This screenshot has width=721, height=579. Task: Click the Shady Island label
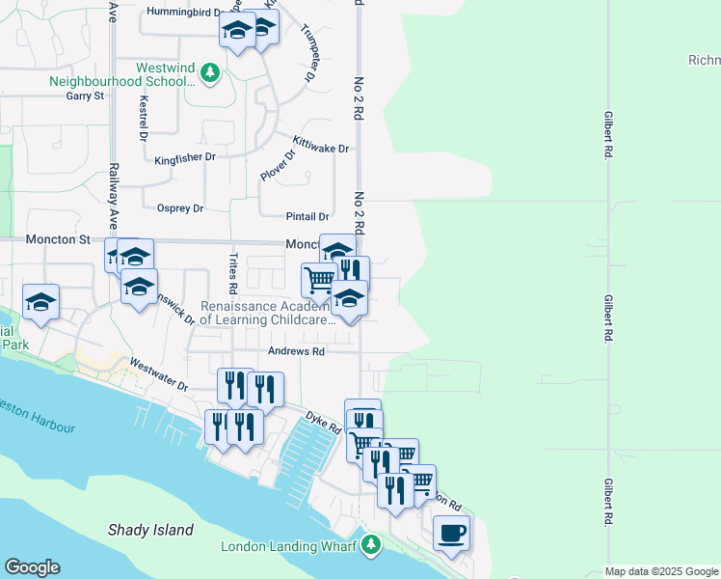pos(150,530)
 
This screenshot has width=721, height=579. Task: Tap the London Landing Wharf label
pos(289,546)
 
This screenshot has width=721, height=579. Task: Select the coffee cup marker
pos(451,532)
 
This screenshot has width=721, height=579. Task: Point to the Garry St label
pos(85,96)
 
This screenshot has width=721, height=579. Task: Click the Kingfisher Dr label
pos(186,156)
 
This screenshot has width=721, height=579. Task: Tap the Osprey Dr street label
pos(180,208)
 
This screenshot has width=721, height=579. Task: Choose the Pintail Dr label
pos(307,217)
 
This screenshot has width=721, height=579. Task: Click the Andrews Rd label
pos(297,352)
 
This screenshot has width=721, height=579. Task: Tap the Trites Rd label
pos(232,274)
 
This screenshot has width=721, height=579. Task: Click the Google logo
pos(32,567)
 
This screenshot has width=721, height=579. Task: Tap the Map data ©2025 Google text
pos(662,571)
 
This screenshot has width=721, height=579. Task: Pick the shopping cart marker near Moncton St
pos(318,280)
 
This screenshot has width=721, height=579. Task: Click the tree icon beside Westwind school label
pos(210,70)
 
